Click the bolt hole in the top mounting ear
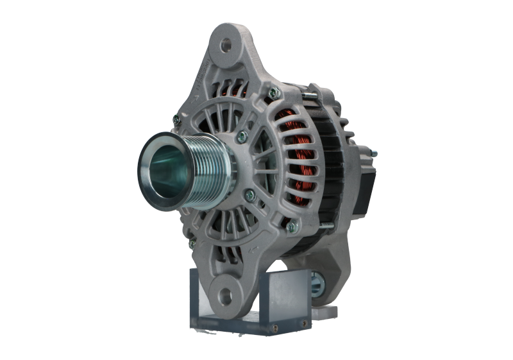225,46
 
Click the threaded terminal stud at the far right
371,154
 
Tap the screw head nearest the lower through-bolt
292,227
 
